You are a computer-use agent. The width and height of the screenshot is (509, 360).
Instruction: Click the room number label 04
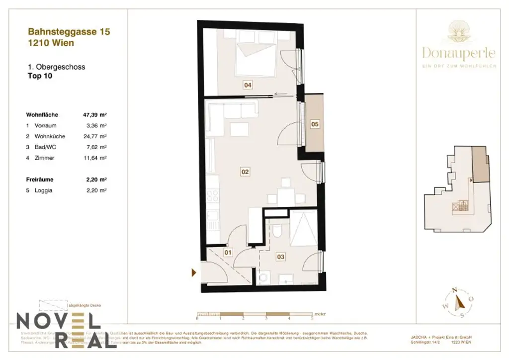[x=248, y=85]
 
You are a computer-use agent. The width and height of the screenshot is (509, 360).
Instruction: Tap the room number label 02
[x=245, y=172]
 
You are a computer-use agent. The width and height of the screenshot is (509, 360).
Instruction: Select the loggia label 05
[x=315, y=124]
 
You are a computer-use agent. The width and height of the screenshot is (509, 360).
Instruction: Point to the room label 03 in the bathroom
[x=281, y=257]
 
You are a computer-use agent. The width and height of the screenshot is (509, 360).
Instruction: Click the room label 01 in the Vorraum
[x=228, y=253]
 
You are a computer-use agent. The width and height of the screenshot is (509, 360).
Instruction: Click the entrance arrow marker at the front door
[x=194, y=272]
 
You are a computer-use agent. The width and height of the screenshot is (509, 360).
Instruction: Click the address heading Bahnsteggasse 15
[x=68, y=32]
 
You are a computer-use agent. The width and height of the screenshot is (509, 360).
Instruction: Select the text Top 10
[x=39, y=76]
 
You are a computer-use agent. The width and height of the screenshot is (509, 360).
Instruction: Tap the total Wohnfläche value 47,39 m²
[x=95, y=114]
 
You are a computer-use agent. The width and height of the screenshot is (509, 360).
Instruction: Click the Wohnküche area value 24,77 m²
[x=96, y=136]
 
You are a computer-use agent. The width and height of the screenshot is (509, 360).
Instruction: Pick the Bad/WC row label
[x=46, y=147]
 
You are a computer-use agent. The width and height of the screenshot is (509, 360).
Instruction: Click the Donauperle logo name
[x=459, y=52]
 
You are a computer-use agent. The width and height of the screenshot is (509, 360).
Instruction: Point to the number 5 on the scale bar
[x=312, y=317]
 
